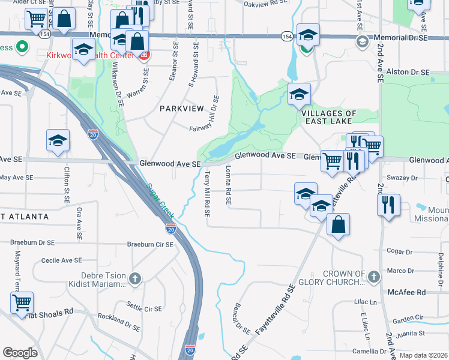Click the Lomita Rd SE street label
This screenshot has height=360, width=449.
click(229, 187)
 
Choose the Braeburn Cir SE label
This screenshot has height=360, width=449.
click(150, 244)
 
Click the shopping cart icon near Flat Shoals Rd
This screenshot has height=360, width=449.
click(22, 302)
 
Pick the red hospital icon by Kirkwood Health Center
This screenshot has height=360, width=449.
click(143, 56)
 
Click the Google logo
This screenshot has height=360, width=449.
click(20, 352)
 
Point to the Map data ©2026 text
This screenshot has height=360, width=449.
click(423, 355)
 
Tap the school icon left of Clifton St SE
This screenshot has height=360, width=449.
click(58, 140)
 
